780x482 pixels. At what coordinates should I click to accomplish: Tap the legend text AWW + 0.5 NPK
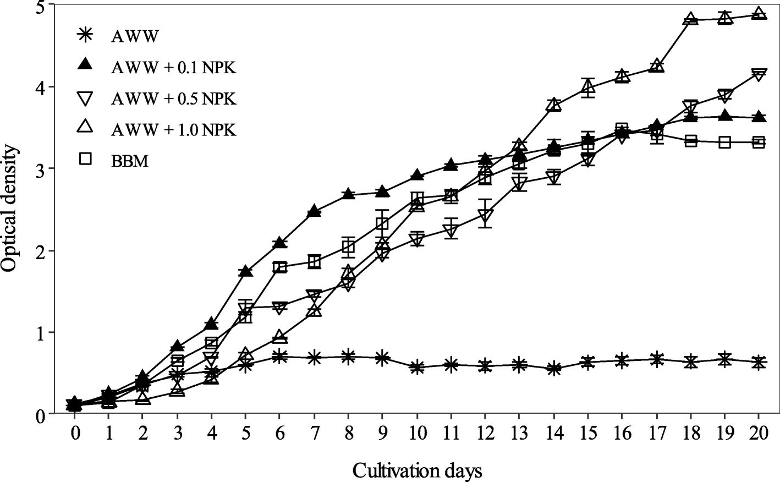pos(173,99)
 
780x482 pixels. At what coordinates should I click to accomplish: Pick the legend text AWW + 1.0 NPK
pos(173,130)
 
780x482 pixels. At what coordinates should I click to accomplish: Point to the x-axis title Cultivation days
pos(417,471)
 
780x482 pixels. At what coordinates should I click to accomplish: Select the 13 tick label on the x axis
pos(519,433)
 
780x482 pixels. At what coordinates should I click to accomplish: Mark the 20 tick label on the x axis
pos(759,433)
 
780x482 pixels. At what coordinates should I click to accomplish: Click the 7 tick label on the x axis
pos(314,433)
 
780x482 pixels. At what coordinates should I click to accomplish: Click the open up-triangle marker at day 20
pos(759,13)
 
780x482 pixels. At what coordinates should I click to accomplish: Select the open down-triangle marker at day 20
pos(759,75)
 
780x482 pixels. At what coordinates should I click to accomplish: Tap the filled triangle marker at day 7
pos(314,211)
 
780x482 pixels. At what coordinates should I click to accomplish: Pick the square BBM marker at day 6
pos(280,267)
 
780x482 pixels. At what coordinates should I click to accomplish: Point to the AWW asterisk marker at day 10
pos(417,368)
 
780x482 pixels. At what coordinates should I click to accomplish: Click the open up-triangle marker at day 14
pos(554,105)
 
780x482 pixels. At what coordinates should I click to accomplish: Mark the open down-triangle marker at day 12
pos(485,216)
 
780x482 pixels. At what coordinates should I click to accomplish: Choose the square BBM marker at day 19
pos(725,142)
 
